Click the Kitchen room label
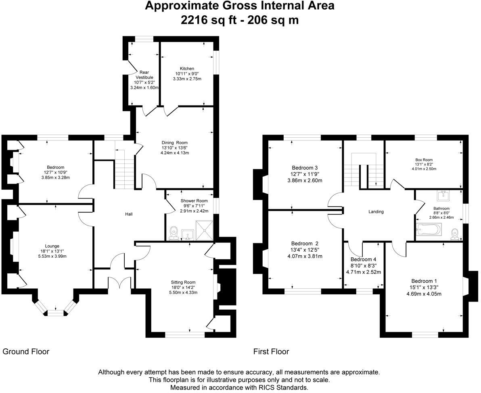(187, 68)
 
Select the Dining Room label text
(175, 143)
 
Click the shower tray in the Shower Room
(205, 230)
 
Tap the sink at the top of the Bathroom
(443, 196)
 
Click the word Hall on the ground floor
(129, 214)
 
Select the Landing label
(376, 211)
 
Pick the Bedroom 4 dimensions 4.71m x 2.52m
(364, 272)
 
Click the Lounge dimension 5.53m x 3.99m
(52, 256)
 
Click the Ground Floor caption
(26, 352)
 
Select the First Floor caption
(271, 352)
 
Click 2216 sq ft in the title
(207, 20)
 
